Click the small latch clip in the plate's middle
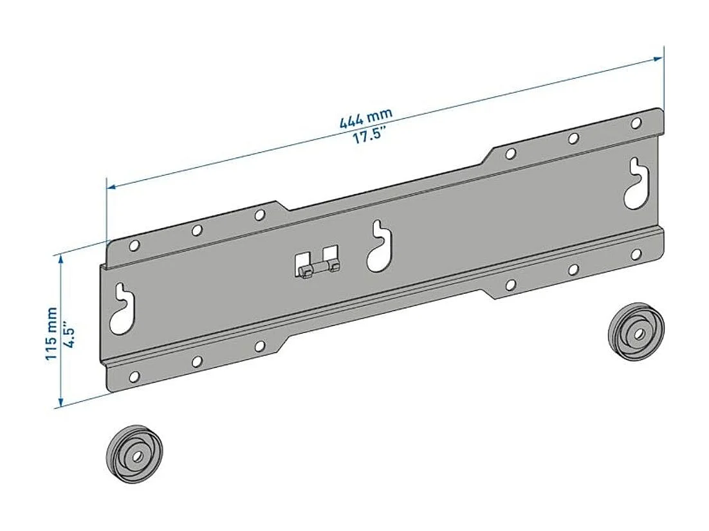pyautogui.click(x=317, y=264)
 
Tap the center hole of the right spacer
pyautogui.click(x=638, y=334)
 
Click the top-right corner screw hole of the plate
pyautogui.click(x=636, y=122)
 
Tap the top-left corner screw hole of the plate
pyautogui.click(x=134, y=245)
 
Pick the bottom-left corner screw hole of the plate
pyautogui.click(x=134, y=377)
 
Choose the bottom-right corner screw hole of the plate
pyautogui.click(x=636, y=255)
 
